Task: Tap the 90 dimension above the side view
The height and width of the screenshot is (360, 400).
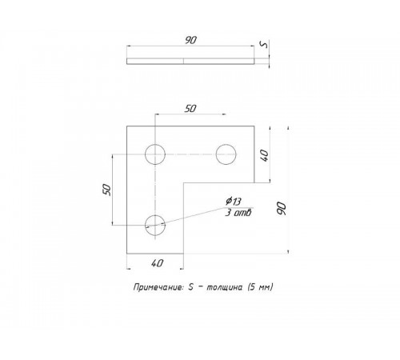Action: pos(190,40)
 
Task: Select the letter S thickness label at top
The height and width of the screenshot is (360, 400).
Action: pos(264,45)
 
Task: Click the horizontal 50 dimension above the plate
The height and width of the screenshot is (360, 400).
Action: pos(190,109)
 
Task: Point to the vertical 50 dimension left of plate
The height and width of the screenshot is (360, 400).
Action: pos(106,190)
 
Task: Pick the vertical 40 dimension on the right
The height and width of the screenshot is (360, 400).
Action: pos(264,155)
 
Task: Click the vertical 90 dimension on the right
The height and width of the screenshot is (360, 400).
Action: pos(282,209)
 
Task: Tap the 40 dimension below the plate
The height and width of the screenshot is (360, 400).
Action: pos(157,263)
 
